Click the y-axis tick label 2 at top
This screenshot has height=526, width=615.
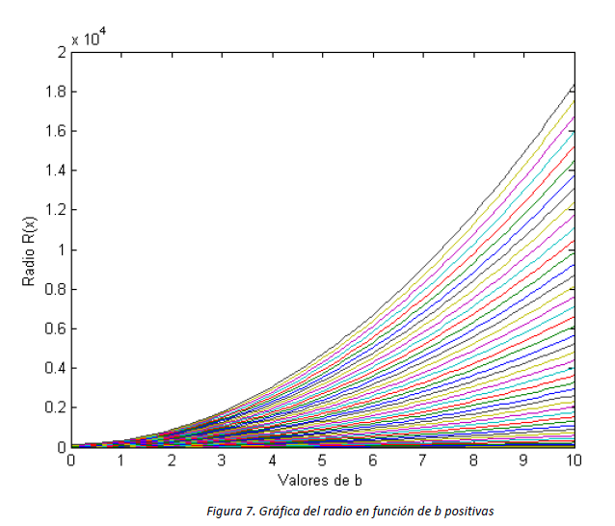(x=62, y=52)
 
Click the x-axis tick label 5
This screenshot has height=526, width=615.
(x=323, y=461)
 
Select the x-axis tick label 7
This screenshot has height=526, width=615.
(x=423, y=461)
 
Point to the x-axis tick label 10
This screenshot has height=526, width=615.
(x=574, y=461)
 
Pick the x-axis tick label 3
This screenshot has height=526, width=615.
(x=222, y=461)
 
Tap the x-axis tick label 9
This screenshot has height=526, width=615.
(x=523, y=461)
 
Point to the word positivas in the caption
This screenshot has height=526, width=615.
(x=466, y=511)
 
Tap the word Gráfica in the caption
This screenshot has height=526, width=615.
(x=279, y=511)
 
